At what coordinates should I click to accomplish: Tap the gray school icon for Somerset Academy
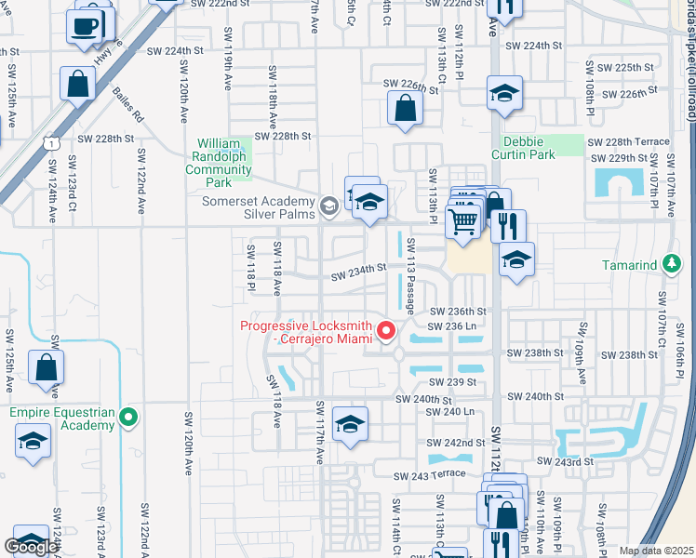tap(328, 206)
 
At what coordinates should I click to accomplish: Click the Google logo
tap(31, 547)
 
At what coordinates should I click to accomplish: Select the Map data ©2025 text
tap(656, 551)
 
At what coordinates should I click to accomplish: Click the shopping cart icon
tap(463, 221)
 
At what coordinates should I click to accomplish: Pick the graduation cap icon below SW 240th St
tap(350, 424)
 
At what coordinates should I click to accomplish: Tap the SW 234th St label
tap(359, 271)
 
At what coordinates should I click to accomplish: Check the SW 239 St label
tap(452, 382)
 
